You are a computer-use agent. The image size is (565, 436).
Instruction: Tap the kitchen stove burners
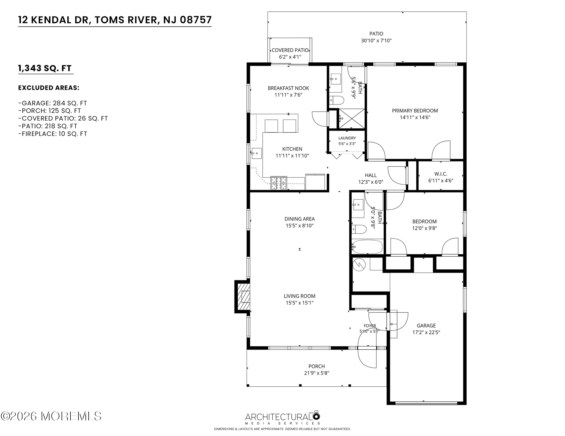point(279,183)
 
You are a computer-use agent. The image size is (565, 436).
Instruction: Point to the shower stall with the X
point(352,118)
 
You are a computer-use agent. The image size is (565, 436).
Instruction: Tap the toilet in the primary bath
point(337,100)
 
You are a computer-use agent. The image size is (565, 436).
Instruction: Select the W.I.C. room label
point(441,174)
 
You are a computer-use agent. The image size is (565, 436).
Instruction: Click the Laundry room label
point(347,138)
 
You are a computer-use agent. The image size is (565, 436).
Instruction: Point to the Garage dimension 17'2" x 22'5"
point(426,332)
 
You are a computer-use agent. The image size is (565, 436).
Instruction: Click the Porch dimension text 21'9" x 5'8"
point(317,373)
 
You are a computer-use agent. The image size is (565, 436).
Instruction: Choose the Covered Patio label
point(290,50)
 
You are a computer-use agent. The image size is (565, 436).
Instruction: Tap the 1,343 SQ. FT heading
point(45,68)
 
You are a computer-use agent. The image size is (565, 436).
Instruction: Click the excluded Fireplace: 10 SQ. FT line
point(53,134)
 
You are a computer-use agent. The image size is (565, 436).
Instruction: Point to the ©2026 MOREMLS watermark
point(51,416)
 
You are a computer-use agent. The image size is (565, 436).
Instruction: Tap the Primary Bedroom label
point(415,111)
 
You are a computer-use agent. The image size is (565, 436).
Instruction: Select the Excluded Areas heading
point(49,88)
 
